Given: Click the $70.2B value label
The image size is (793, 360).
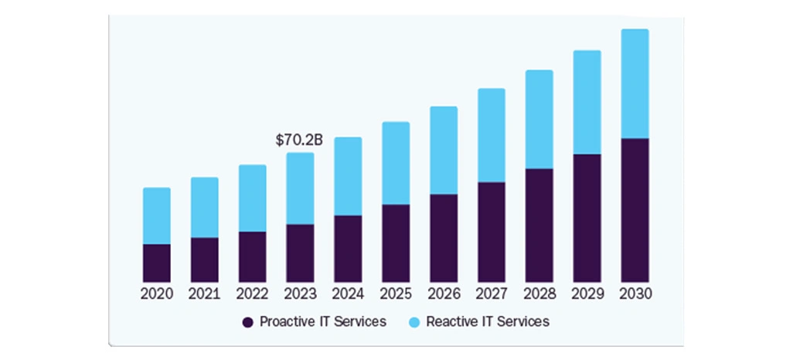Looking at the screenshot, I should tap(299, 141).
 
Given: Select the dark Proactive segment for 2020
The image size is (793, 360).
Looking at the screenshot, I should tap(157, 263).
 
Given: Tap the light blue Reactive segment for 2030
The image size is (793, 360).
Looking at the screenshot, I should tap(635, 84).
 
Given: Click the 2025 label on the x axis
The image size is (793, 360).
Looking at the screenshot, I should tap(396, 294).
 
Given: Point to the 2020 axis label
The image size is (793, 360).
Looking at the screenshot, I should tap(157, 294).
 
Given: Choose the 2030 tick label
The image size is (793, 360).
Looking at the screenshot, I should tap(635, 294).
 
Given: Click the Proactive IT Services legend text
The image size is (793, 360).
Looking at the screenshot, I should tap(322, 321).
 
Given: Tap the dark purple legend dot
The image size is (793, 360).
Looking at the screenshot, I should tap(248, 322).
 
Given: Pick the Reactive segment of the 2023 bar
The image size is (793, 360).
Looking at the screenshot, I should tap(300, 188).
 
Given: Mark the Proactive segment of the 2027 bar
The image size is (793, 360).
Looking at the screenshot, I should tap(491, 232).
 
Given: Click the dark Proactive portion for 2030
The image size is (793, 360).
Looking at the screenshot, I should tap(635, 210).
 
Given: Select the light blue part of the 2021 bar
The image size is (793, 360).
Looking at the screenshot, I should tap(205, 208).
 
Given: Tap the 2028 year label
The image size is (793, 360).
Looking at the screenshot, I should tap(539, 294).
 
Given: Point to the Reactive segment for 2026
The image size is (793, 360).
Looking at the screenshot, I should tap(444, 151).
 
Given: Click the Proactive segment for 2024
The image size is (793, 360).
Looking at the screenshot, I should tap(348, 248).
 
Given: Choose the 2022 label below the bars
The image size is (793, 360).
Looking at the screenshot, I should tap(252, 294).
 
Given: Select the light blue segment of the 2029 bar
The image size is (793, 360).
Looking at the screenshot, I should tap(587, 103).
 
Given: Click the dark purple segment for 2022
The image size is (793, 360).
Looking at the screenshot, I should tap(252, 256).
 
